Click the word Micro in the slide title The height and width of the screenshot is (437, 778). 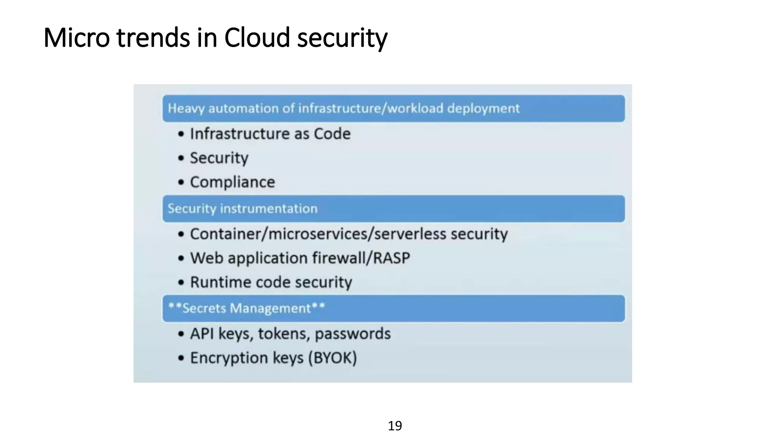pyautogui.click(x=76, y=38)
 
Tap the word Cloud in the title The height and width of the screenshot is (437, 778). pyautogui.click(x=257, y=38)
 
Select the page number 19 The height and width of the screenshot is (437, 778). pyautogui.click(x=395, y=426)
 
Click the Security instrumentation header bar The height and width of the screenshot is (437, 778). pyautogui.click(x=394, y=209)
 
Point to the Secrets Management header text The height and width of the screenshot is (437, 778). pyautogui.click(x=247, y=308)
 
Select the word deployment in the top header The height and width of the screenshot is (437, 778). pyautogui.click(x=483, y=108)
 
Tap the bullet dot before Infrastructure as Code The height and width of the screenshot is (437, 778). pyautogui.click(x=181, y=134)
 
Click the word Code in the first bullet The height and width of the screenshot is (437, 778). pyautogui.click(x=332, y=134)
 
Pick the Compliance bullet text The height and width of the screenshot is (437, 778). pyautogui.click(x=232, y=182)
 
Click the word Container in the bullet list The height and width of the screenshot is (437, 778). pyautogui.click(x=226, y=234)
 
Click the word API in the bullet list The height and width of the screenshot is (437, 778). pyautogui.click(x=202, y=334)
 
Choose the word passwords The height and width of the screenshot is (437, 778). pyautogui.click(x=353, y=334)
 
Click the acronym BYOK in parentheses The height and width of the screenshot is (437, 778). pyautogui.click(x=332, y=358)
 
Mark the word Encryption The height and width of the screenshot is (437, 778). pyautogui.click(x=228, y=358)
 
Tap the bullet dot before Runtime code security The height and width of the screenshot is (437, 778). pyautogui.click(x=181, y=283)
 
